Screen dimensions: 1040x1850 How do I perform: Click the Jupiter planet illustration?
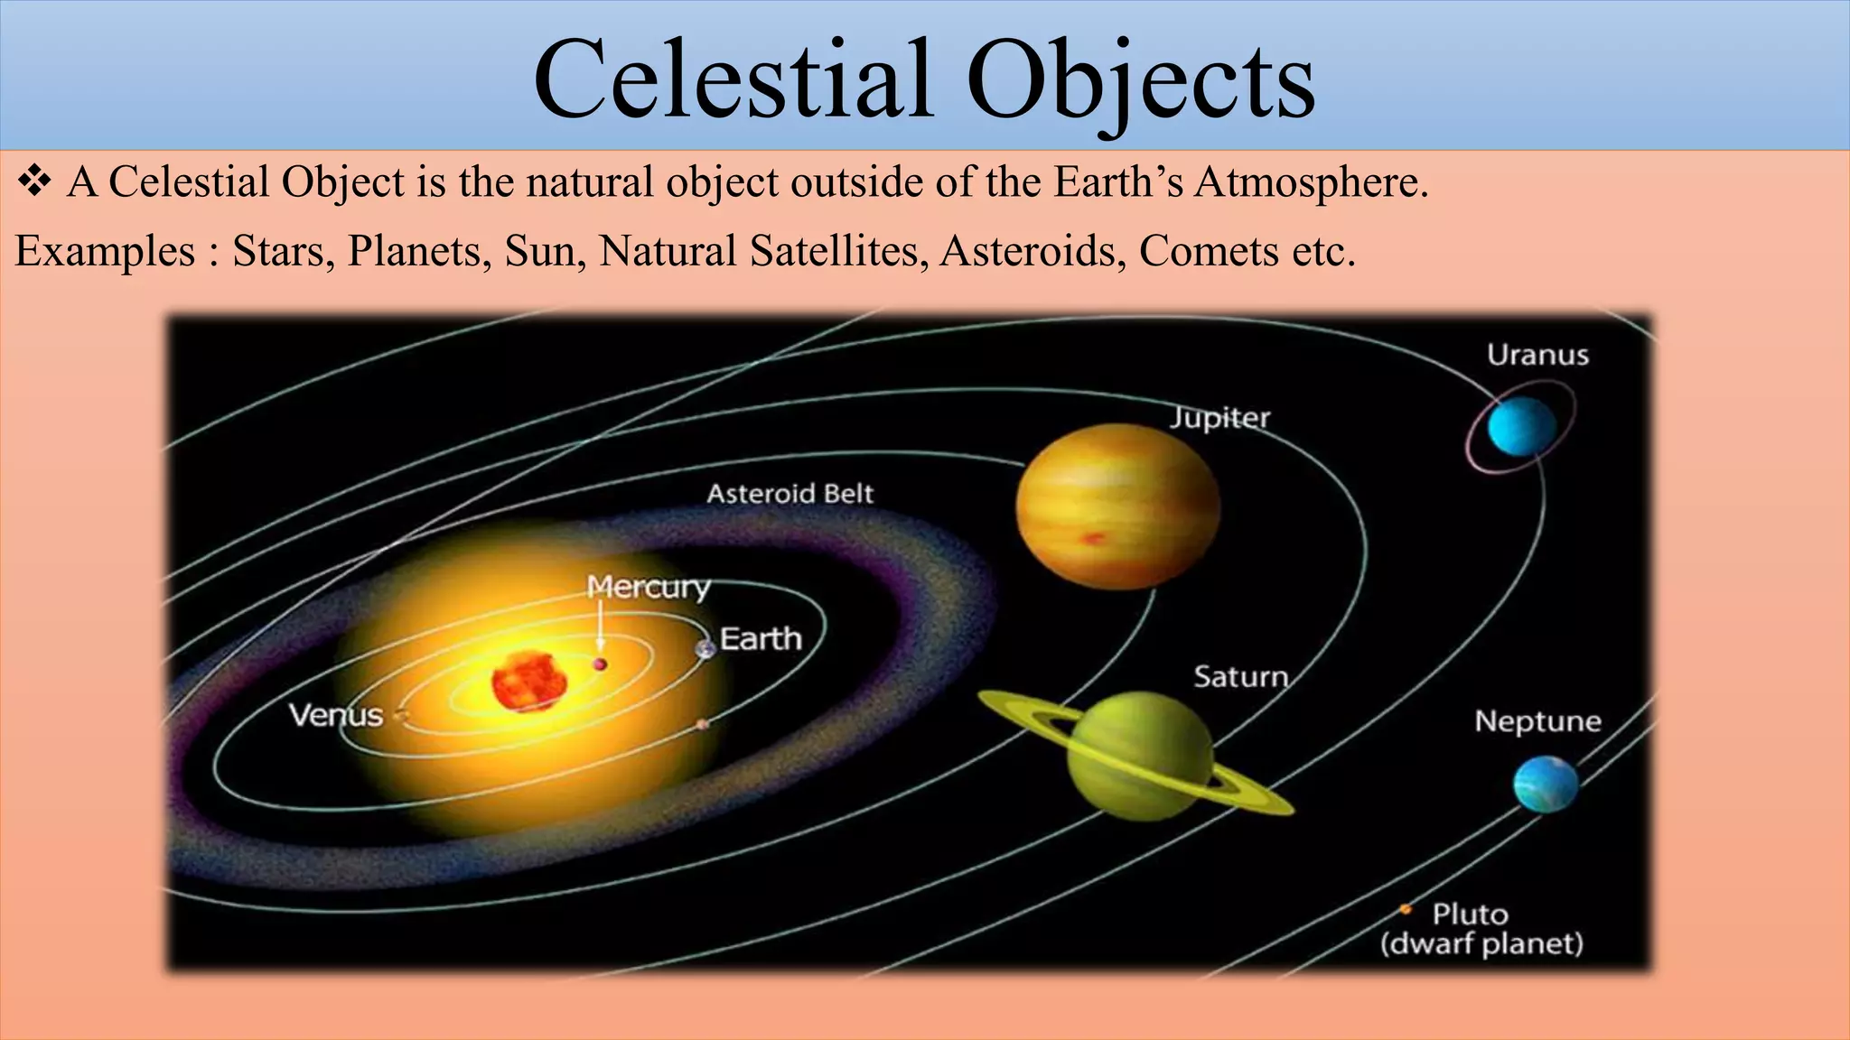click(1118, 506)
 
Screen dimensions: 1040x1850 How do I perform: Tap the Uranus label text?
click(1537, 355)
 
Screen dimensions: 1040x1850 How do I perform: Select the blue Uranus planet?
click(1521, 426)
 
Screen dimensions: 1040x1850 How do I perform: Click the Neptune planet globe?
click(1546, 784)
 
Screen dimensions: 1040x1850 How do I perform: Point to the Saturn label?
click(1240, 676)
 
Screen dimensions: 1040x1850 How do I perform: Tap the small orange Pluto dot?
click(1406, 909)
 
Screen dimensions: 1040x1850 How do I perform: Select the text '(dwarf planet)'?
click(1481, 943)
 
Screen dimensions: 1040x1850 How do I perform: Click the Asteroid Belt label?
click(790, 494)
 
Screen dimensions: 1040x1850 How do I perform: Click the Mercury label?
click(649, 587)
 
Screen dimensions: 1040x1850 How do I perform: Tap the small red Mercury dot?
click(600, 664)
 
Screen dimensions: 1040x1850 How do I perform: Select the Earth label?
click(761, 639)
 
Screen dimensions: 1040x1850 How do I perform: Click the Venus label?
click(336, 715)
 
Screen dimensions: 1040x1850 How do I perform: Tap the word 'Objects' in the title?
click(1140, 81)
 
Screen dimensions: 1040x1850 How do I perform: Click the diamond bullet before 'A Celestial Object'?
click(33, 181)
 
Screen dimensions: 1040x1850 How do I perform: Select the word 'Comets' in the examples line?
click(1209, 251)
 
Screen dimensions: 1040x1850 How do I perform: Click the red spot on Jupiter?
click(1093, 539)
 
